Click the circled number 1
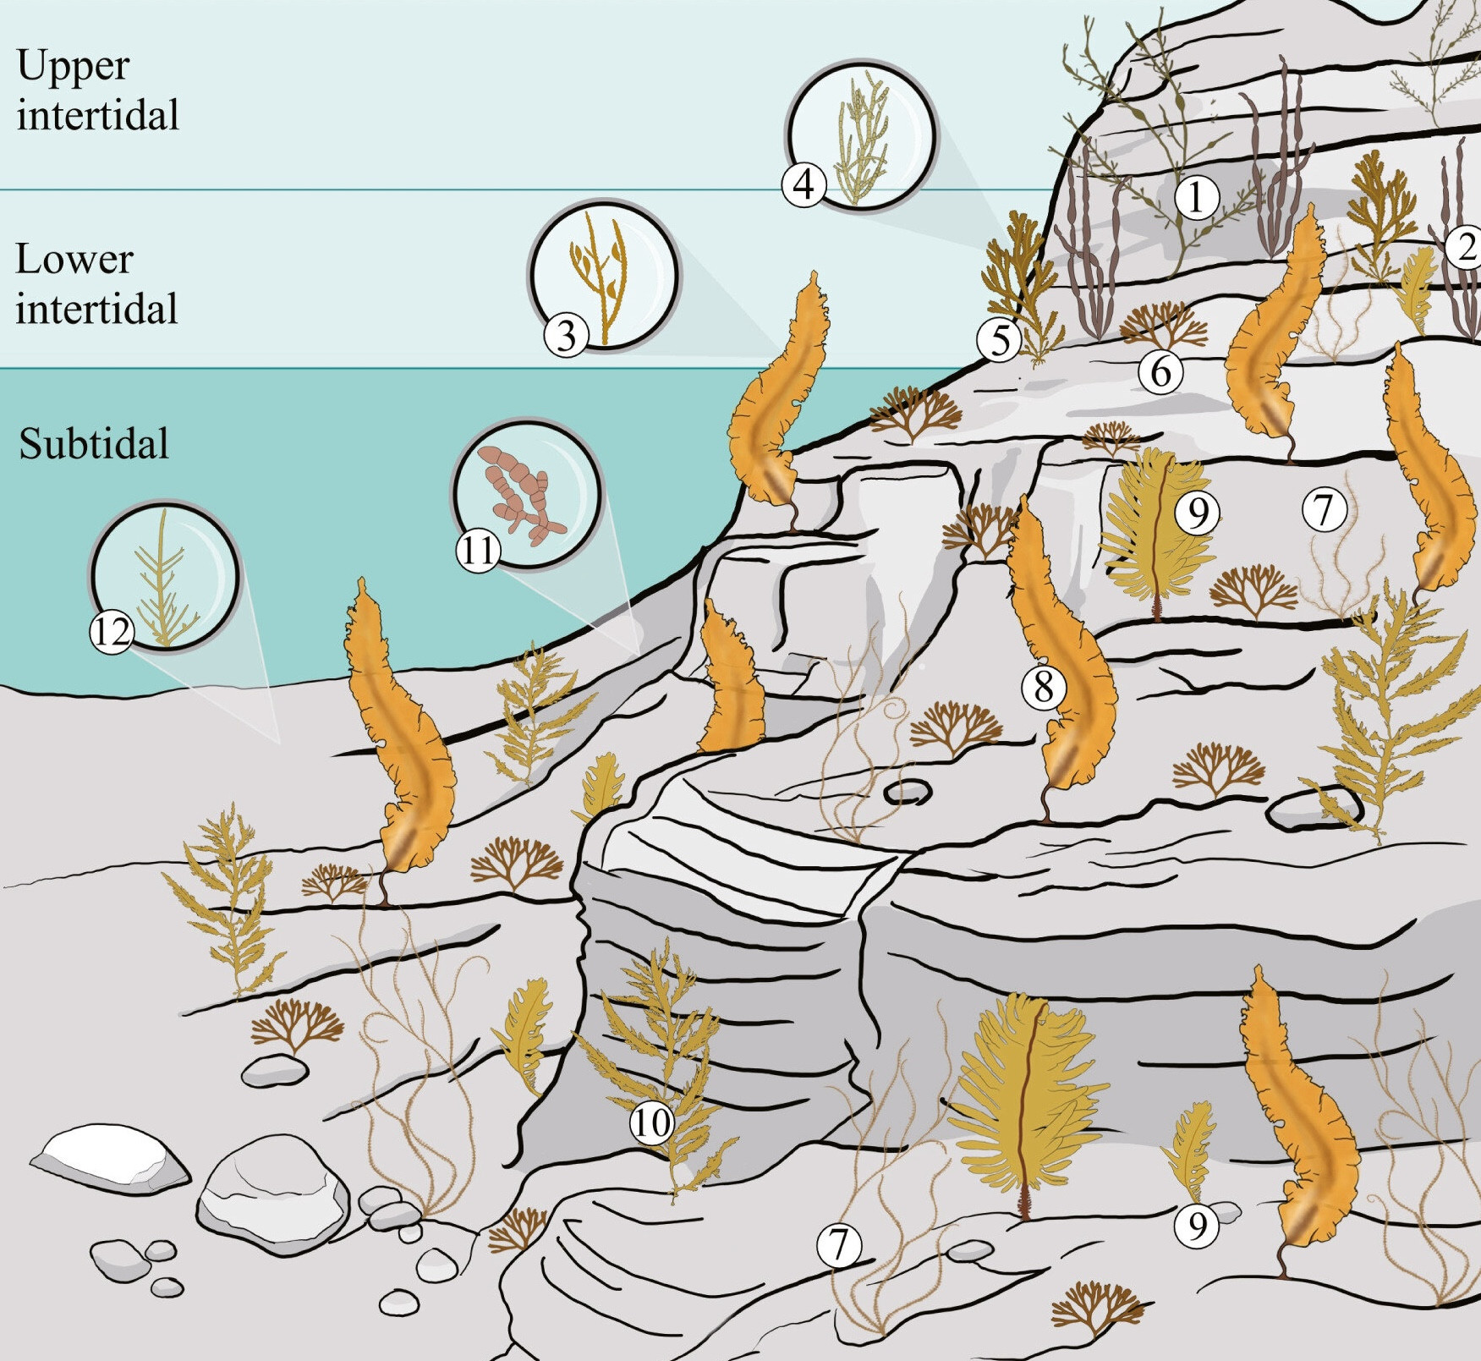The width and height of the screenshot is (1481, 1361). (x=1195, y=198)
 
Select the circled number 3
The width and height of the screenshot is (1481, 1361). (x=566, y=335)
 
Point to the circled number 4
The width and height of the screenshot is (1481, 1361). (x=804, y=184)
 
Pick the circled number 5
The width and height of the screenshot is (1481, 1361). (x=1000, y=340)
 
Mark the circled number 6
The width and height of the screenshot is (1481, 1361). (x=1160, y=371)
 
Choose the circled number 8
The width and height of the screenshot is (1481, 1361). (x=1044, y=686)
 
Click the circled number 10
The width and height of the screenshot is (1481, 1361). (x=651, y=1123)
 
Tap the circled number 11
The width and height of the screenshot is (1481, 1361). (x=478, y=551)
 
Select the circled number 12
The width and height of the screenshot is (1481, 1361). (x=112, y=631)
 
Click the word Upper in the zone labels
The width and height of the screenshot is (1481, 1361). (x=73, y=66)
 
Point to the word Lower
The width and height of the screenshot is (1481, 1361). (x=74, y=259)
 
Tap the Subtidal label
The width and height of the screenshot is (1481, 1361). (x=94, y=443)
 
